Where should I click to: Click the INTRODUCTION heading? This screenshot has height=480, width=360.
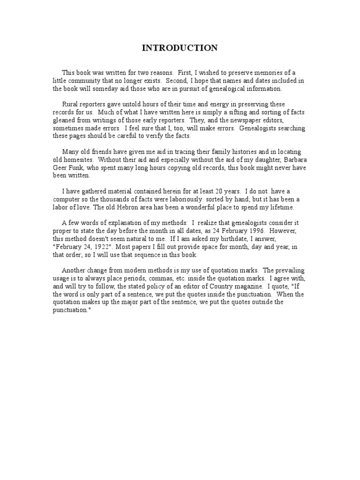coord(180,48)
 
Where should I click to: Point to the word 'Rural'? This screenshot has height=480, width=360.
coord(71,104)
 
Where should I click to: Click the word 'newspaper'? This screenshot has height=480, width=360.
coord(239,120)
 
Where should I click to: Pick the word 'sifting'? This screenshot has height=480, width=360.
coord(220,112)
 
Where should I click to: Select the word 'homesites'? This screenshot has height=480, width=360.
coord(74,160)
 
